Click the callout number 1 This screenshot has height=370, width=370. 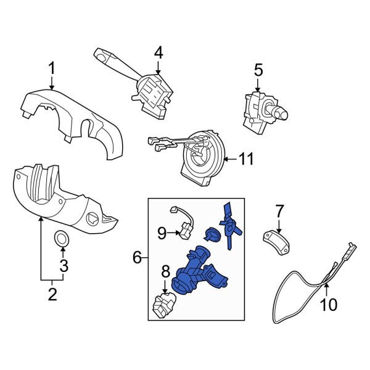click(x=52, y=67)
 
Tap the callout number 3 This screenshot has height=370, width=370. click(x=63, y=266)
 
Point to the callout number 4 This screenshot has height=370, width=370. click(x=158, y=53)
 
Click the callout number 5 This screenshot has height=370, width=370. click(x=258, y=72)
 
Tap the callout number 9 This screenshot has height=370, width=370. click(x=161, y=232)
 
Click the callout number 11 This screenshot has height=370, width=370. click(x=247, y=160)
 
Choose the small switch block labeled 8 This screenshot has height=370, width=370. click(x=165, y=304)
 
